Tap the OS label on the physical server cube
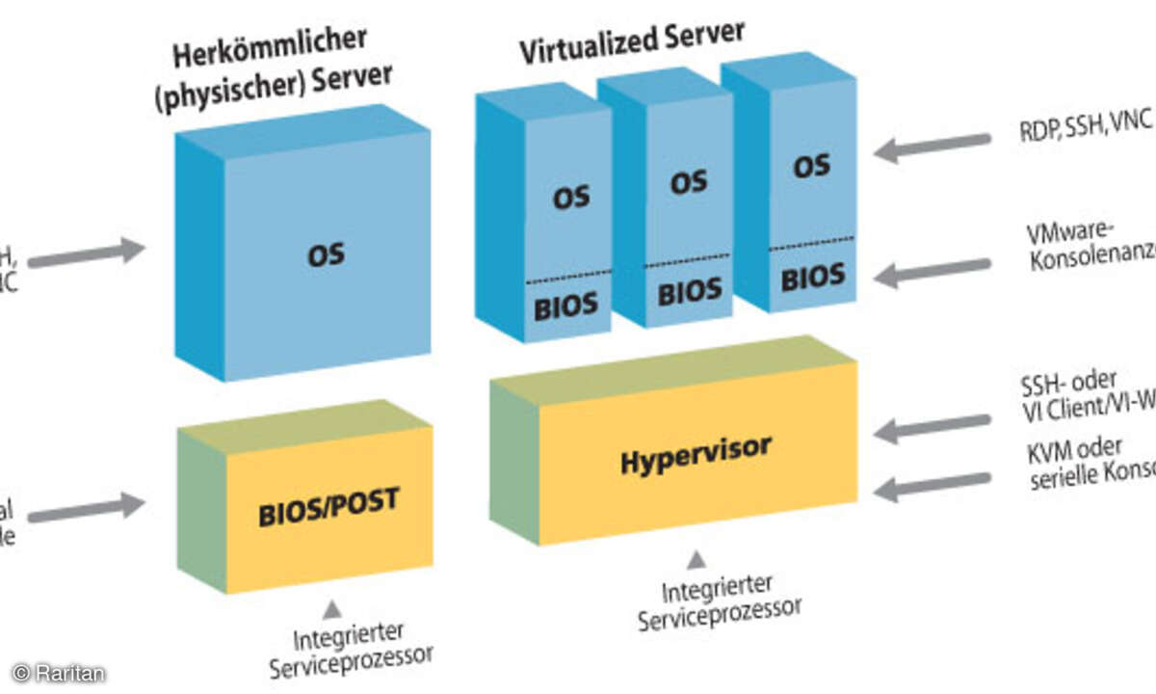[326, 255]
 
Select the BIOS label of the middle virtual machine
[689, 289]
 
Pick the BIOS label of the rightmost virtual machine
[812, 278]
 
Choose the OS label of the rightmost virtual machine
[811, 165]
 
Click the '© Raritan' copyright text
[58, 673]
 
